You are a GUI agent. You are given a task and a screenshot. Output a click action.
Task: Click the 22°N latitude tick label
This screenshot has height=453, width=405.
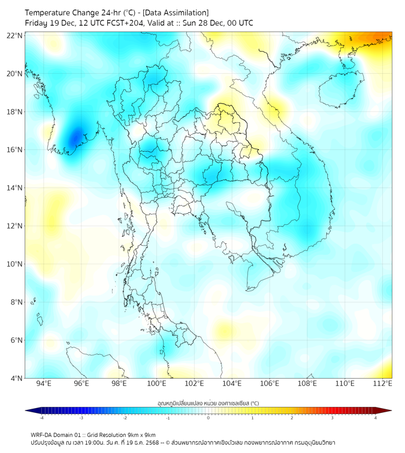[x=15, y=35]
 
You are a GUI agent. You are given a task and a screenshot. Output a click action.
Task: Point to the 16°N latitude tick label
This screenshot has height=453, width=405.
[x=15, y=150]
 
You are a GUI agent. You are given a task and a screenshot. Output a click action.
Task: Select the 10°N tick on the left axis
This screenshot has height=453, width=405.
[x=15, y=264]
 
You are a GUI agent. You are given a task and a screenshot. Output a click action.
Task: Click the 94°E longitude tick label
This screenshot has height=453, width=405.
[x=44, y=383]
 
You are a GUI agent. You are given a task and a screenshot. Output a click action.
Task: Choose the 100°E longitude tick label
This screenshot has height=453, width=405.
[x=157, y=383]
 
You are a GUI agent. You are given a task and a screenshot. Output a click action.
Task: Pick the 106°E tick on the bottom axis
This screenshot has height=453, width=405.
[x=270, y=383]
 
